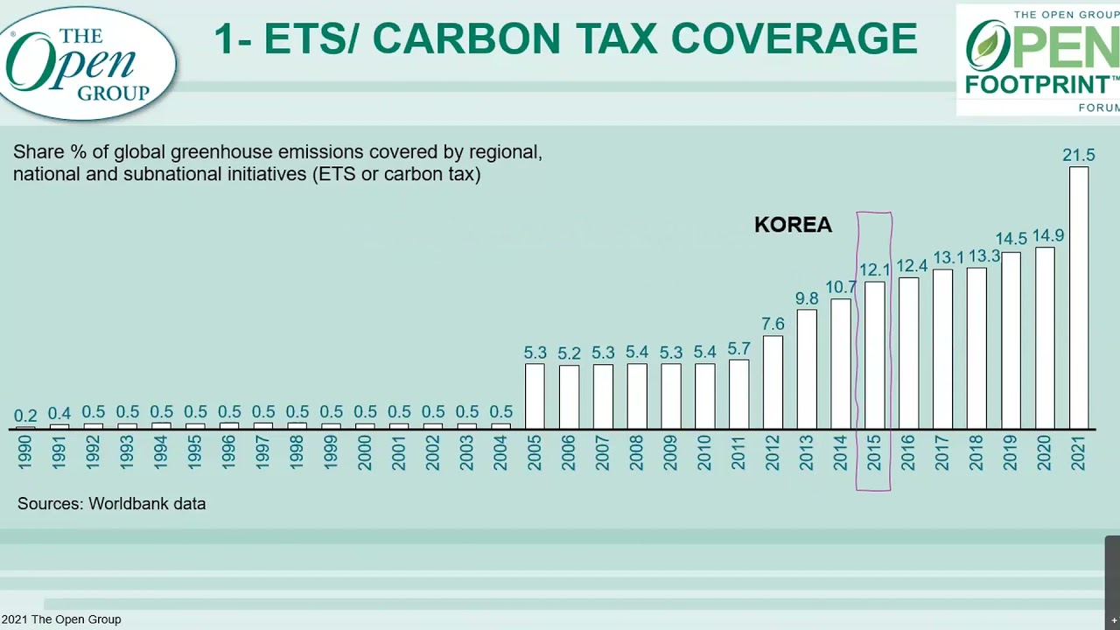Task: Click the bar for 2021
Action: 1079,297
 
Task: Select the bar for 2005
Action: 535,396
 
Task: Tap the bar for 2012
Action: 773,382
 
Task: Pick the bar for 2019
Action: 1011,340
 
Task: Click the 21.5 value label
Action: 1079,155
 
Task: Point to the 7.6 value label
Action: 773,324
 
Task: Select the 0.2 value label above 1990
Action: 25,416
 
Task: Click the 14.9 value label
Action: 1047,235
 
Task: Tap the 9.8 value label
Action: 807,298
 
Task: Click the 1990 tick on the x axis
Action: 25,452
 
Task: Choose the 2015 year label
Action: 874,452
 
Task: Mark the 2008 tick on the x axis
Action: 637,452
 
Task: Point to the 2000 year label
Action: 365,452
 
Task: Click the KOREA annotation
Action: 793,225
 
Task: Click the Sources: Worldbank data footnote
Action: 112,504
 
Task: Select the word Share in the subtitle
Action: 38,152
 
